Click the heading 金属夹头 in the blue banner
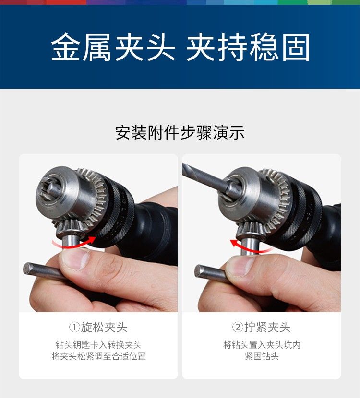tap(113, 47)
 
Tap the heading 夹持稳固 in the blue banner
tap(248, 47)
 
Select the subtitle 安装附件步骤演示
tap(180, 132)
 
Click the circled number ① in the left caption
tap(74, 327)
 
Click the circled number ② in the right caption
tap(238, 327)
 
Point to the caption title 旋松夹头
tap(104, 327)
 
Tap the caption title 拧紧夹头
tap(267, 327)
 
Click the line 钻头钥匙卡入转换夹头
tap(98, 345)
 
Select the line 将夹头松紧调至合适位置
tap(98, 356)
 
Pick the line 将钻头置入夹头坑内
tap(262, 345)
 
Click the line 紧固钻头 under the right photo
tap(262, 356)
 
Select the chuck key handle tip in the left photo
tap(27, 269)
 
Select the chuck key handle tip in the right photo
tap(199, 270)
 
